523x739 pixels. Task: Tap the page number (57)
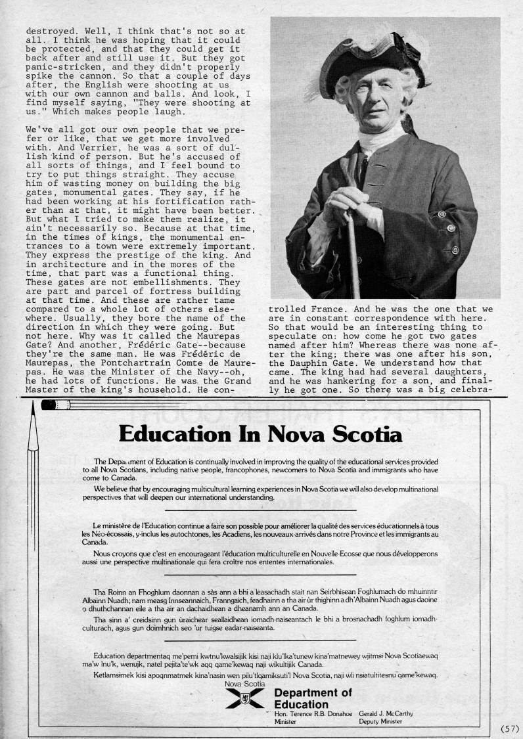[x=510, y=728]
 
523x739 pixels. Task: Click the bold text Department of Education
[x=313, y=698]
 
